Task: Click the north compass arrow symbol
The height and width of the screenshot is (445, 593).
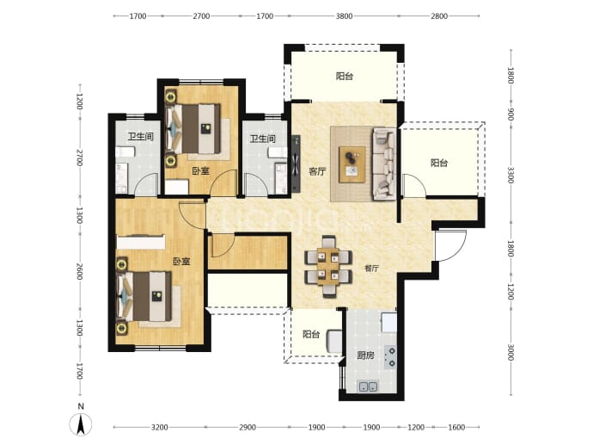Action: tap(81, 424)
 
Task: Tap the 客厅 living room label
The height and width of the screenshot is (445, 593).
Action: tap(317, 171)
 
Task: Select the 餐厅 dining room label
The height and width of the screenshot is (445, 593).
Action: tap(371, 269)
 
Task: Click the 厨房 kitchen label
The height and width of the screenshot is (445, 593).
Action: tap(366, 355)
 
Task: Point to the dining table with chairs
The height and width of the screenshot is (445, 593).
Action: tap(328, 266)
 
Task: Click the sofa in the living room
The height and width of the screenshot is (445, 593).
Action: tap(384, 164)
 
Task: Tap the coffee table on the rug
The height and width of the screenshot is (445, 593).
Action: tap(352, 164)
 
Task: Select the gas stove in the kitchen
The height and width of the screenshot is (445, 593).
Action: tap(391, 356)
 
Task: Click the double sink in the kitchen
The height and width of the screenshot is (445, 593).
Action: tap(368, 386)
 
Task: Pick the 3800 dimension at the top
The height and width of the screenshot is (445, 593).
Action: tap(344, 15)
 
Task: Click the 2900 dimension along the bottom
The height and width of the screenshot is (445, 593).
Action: tap(248, 427)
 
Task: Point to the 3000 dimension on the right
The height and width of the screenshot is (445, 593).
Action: tap(510, 352)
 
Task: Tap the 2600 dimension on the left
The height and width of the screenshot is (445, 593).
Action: tap(79, 271)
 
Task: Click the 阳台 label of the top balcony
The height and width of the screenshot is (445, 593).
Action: tap(345, 77)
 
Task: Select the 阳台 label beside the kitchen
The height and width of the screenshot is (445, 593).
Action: tap(311, 335)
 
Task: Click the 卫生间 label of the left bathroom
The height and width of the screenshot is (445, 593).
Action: tap(141, 136)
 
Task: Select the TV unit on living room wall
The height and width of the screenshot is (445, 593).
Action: tap(296, 164)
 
